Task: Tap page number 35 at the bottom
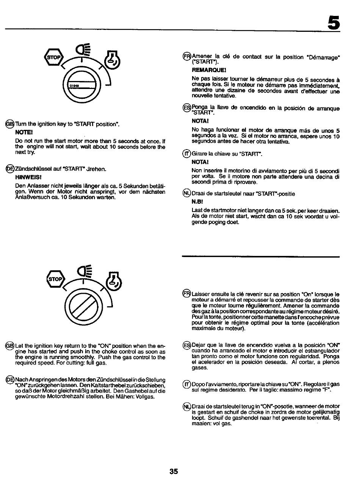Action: [x=174, y=471]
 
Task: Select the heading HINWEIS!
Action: [x=25, y=176]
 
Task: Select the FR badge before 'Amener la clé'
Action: [x=187, y=56]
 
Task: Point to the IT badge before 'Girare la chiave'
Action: [x=187, y=154]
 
